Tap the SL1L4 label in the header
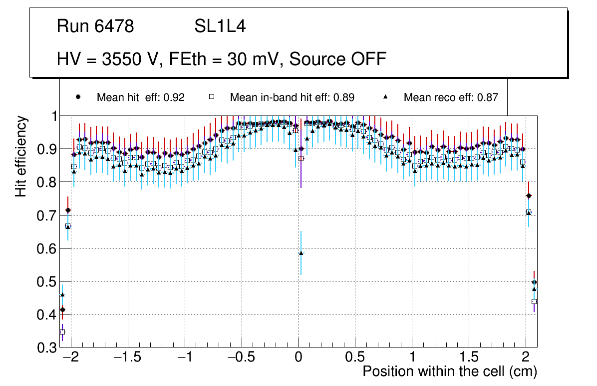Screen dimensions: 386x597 click(220, 26)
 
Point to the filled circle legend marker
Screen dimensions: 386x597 click(77, 97)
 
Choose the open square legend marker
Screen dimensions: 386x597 click(211, 97)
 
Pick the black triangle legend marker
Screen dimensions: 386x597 click(385, 97)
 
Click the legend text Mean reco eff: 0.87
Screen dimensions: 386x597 click(451, 97)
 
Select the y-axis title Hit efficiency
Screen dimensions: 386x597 click(21, 156)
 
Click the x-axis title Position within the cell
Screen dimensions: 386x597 click(449, 371)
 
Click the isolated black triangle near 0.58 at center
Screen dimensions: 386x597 click(301, 253)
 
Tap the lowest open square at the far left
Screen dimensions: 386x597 click(62, 332)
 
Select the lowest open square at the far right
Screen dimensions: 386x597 click(534, 301)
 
